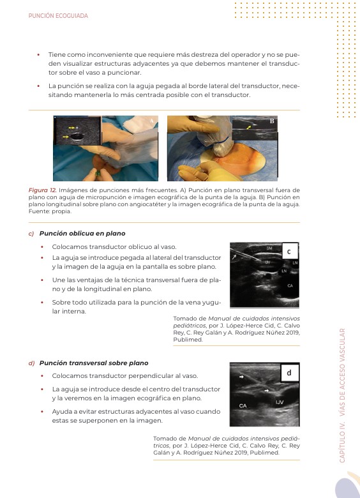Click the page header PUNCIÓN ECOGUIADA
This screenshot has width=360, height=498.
click(x=58, y=15)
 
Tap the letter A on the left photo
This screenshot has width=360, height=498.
click(x=152, y=121)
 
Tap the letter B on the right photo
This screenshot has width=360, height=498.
click(x=272, y=121)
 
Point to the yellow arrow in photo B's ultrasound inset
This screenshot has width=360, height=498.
click(x=249, y=127)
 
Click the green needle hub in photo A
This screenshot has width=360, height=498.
click(x=99, y=174)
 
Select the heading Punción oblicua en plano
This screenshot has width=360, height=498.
click(x=82, y=234)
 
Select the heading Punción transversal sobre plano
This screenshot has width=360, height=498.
click(x=94, y=363)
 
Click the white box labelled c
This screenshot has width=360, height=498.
click(x=289, y=252)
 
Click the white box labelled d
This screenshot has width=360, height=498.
click(x=289, y=373)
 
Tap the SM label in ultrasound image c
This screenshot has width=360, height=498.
click(x=269, y=248)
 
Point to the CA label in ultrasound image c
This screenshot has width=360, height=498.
click(x=290, y=286)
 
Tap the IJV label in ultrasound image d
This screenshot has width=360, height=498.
click(x=280, y=402)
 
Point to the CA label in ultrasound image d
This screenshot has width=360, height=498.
click(x=243, y=405)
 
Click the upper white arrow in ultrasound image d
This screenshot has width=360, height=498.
click(x=241, y=377)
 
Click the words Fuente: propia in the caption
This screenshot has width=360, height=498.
click(x=50, y=211)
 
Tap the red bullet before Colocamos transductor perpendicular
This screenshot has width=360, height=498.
click(x=42, y=376)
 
